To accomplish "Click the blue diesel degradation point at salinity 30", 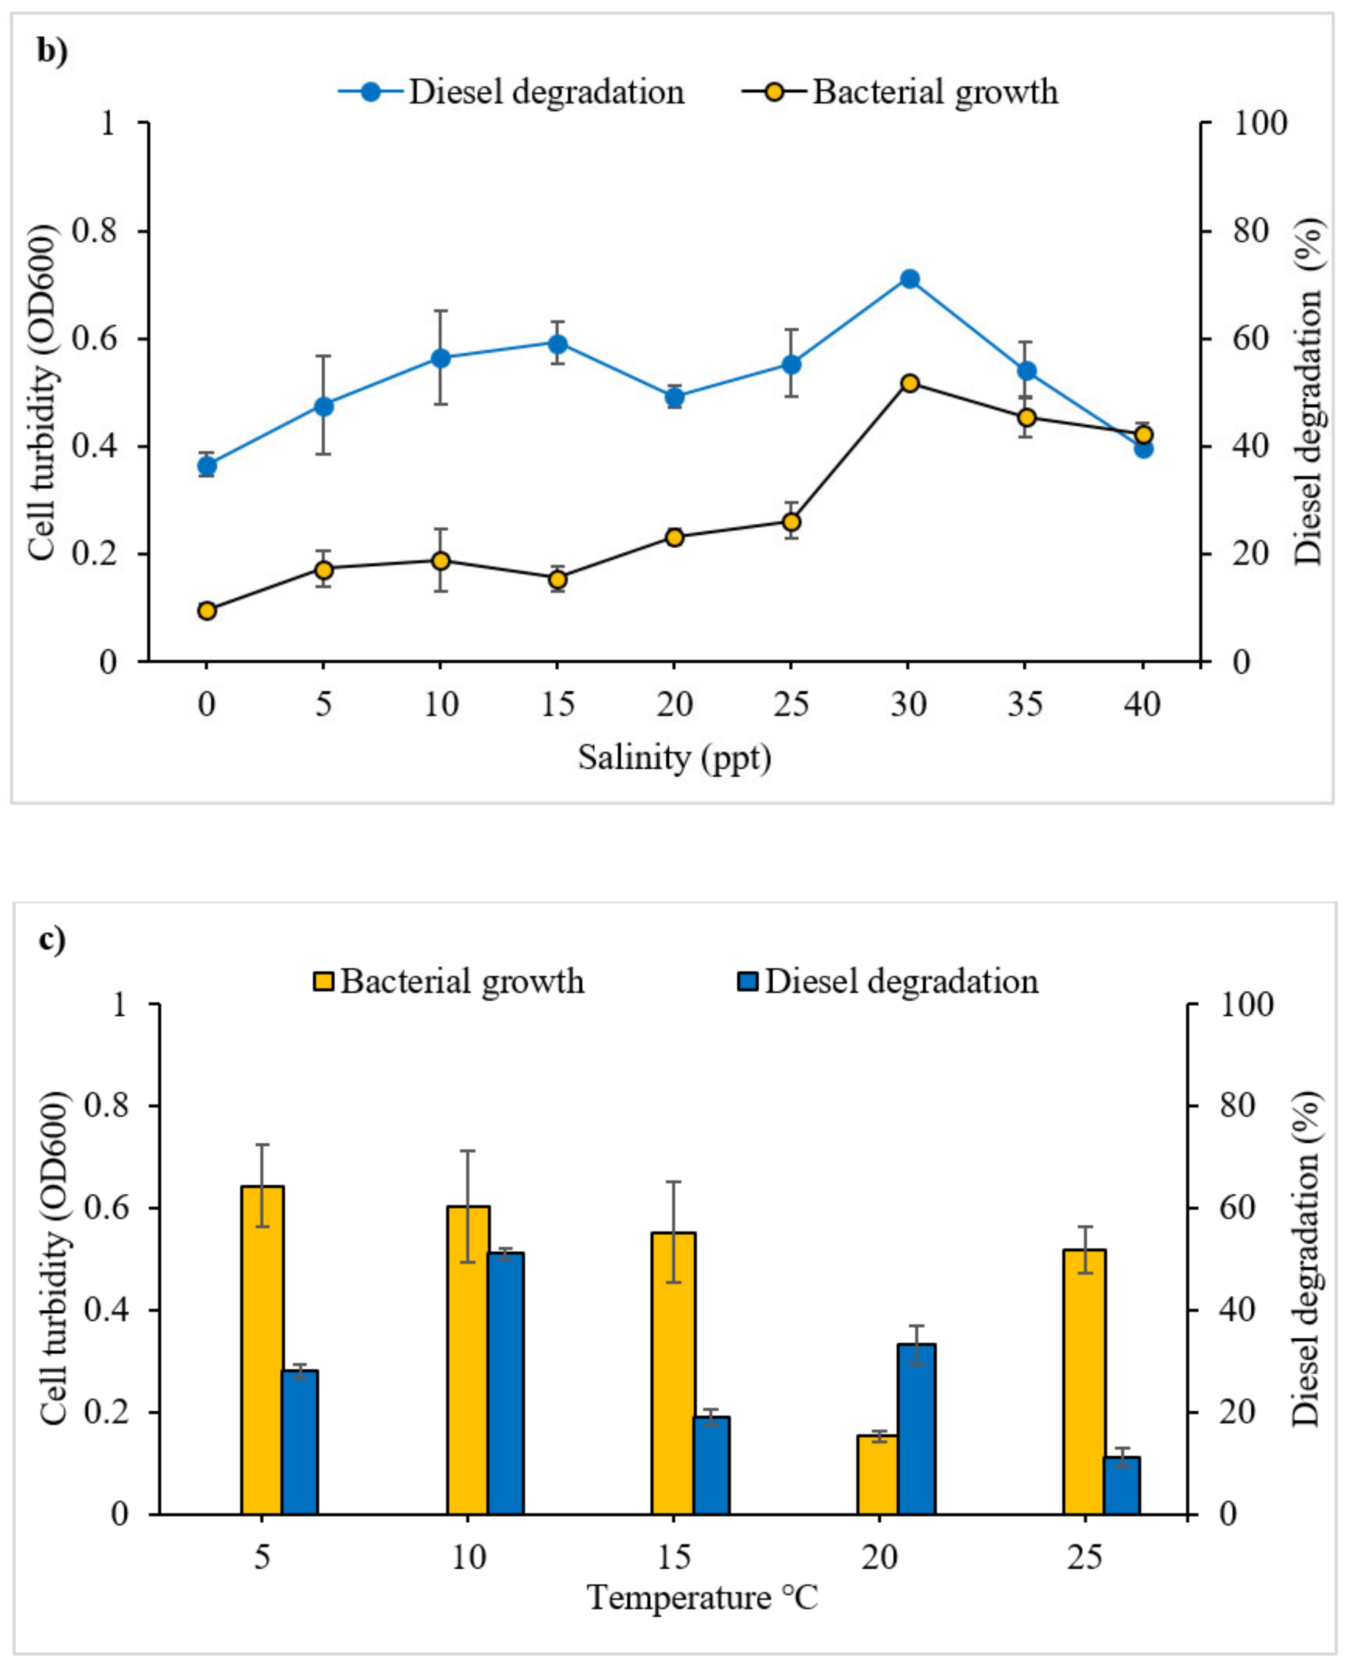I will pyautogui.click(x=909, y=279).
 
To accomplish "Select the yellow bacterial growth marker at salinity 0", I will pyautogui.click(x=207, y=610).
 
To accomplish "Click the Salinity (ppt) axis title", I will pyautogui.click(x=674, y=757).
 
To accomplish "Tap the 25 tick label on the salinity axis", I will pyautogui.click(x=791, y=705).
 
